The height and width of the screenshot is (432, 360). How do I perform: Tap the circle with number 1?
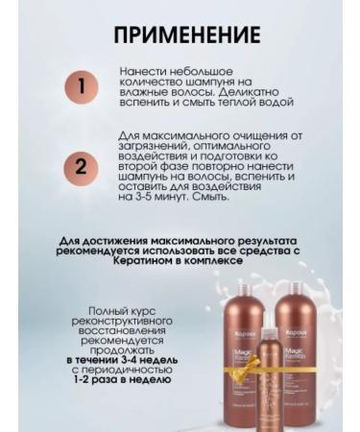coord(82,86)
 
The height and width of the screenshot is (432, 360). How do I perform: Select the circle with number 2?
coord(82,166)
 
